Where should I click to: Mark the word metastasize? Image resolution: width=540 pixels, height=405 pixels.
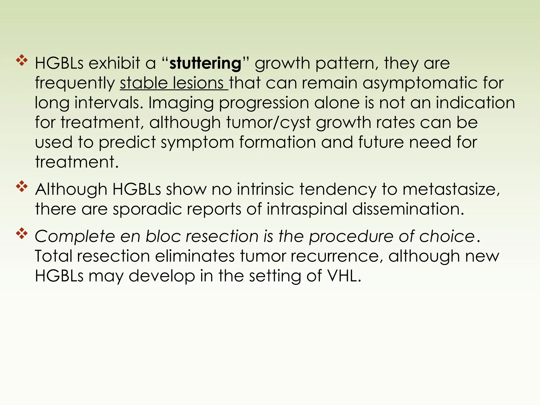click(451, 189)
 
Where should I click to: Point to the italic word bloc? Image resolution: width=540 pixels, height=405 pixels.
click(163, 236)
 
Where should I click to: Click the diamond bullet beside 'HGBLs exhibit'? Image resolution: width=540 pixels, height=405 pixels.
click(22, 61)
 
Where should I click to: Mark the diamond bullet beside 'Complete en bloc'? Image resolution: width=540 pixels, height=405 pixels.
click(22, 234)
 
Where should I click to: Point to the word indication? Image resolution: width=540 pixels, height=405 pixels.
click(475, 103)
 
